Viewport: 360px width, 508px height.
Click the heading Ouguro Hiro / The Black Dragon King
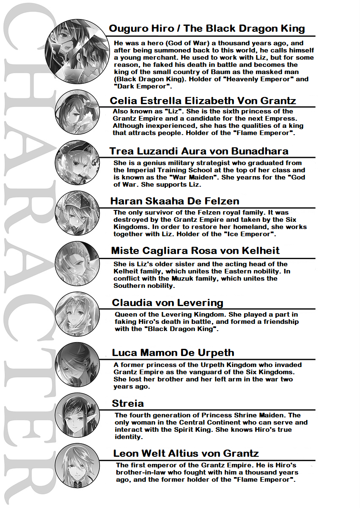(207, 28)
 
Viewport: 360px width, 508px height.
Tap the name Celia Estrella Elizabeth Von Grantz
(203, 100)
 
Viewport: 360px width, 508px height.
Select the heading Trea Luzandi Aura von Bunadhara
(199, 151)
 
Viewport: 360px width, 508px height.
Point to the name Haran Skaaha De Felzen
(175, 201)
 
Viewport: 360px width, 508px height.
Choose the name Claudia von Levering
(168, 303)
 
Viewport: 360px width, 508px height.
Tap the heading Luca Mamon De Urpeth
(173, 353)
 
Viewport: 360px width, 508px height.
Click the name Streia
(128, 403)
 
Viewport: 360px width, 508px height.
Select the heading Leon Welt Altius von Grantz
(186, 453)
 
